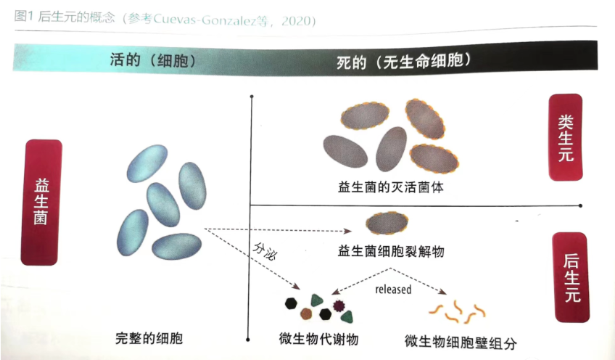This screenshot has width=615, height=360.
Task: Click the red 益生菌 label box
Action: coord(41,202)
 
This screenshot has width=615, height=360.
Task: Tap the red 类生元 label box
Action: coord(565,137)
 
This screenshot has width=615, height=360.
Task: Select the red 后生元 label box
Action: coord(571,277)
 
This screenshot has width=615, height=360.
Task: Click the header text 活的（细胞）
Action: coord(153,60)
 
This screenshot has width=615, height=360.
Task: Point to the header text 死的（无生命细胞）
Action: coord(404,61)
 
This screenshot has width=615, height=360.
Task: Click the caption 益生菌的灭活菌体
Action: coord(391,187)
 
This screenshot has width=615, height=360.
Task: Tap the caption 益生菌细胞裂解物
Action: coord(391,251)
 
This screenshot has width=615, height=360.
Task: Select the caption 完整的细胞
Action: coord(149,338)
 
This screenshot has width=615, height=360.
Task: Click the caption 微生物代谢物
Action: coord(318,339)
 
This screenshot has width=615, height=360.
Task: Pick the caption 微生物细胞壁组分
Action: coord(461,343)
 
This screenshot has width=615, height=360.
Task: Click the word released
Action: coord(393,290)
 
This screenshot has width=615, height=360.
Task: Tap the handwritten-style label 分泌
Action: coord(265,251)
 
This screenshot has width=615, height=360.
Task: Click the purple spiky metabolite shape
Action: coord(338,305)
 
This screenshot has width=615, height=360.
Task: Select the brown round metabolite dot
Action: coord(306,314)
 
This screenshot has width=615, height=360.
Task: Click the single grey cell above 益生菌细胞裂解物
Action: coord(387,223)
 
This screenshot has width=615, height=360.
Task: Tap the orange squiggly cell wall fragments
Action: coord(458,311)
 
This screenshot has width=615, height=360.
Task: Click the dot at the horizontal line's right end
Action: coord(580,205)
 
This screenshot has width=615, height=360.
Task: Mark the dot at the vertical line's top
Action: coord(252,97)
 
